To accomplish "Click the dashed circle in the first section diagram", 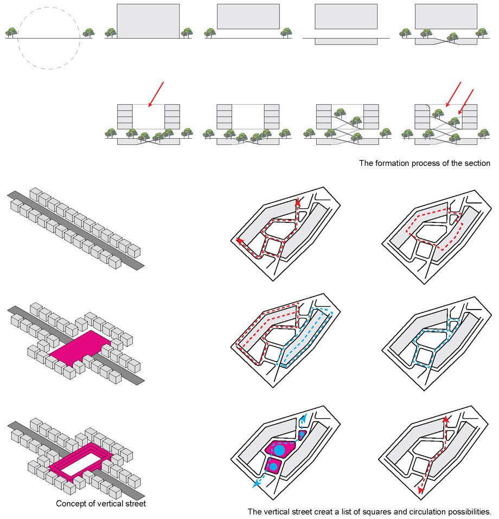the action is tap(49, 7).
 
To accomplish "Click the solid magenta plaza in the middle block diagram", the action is tap(80, 348).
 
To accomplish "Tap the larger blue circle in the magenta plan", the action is tap(279, 450).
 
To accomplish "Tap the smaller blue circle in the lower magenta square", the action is tap(273, 467).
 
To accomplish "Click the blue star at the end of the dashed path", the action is tap(255, 484).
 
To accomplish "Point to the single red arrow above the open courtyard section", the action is tap(156, 94).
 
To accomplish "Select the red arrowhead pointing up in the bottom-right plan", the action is tap(446, 419).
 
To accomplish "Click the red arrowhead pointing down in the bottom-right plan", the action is tap(420, 491).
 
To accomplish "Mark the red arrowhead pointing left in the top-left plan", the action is tap(239, 241).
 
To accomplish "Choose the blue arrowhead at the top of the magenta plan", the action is tap(305, 416).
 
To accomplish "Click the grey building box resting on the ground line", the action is tap(148, 21).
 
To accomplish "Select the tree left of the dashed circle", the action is tap(11, 33).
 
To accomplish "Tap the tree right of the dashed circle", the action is tap(88, 33).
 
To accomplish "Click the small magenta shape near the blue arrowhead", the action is tap(302, 435).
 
